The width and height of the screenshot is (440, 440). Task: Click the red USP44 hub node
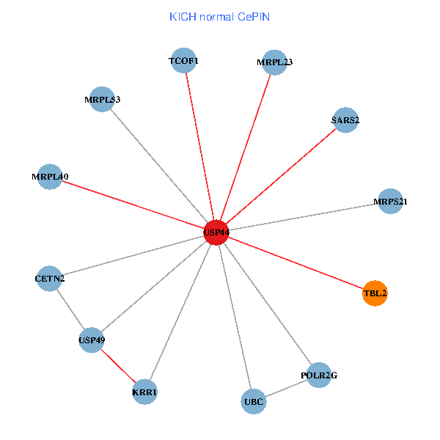(216, 232)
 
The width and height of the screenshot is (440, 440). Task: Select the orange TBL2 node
(375, 293)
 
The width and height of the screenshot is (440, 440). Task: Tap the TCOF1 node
(184, 61)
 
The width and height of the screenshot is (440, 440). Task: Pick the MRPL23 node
(275, 62)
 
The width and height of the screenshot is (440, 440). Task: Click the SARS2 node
(345, 120)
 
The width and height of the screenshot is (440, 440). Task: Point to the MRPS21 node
(390, 201)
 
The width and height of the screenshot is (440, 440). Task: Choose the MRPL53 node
(102, 99)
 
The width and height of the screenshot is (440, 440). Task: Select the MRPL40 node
(50, 177)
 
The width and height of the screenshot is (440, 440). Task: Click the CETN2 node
(49, 279)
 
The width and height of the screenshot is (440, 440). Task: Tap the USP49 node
(92, 340)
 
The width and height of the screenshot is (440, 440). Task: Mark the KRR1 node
(144, 393)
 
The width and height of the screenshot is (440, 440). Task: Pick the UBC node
(254, 402)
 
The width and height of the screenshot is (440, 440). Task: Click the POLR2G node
(319, 375)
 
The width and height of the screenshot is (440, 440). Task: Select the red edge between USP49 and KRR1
(118, 366)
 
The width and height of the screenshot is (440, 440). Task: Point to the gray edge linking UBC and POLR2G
(286, 389)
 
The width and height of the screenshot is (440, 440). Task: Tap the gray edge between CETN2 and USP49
(70, 309)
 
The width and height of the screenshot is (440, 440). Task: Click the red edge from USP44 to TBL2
(295, 263)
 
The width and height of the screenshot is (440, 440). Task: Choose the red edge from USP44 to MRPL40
(133, 205)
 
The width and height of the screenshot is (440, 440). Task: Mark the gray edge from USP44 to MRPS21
(303, 216)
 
